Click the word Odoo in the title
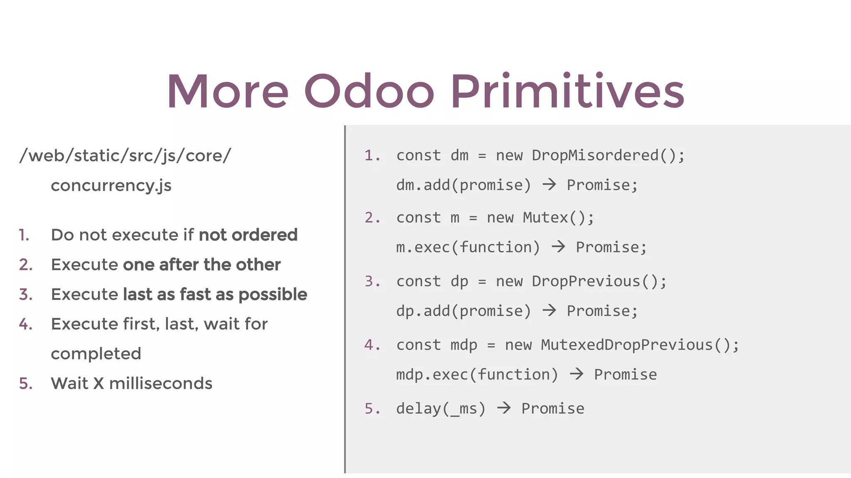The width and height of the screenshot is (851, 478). [369, 91]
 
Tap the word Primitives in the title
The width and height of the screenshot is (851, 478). [567, 91]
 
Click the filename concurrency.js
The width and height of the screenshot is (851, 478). [111, 185]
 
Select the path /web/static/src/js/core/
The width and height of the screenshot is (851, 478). [125, 156]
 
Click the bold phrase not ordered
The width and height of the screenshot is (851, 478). [248, 235]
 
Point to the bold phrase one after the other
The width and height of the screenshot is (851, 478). [202, 265]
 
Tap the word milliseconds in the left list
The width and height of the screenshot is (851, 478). [160, 383]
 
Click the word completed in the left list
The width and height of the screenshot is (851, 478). [96, 354]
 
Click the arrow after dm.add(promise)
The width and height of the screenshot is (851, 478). [549, 184]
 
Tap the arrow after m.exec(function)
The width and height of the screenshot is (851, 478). [558, 246]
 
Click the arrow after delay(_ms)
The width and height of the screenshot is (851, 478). [504, 408]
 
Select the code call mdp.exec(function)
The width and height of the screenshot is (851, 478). [477, 375]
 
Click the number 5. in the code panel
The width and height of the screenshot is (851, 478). [372, 409]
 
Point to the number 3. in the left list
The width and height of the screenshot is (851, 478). [26, 295]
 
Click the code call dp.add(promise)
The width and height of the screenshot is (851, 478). [463, 311]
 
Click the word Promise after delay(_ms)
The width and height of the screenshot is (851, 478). [553, 409]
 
